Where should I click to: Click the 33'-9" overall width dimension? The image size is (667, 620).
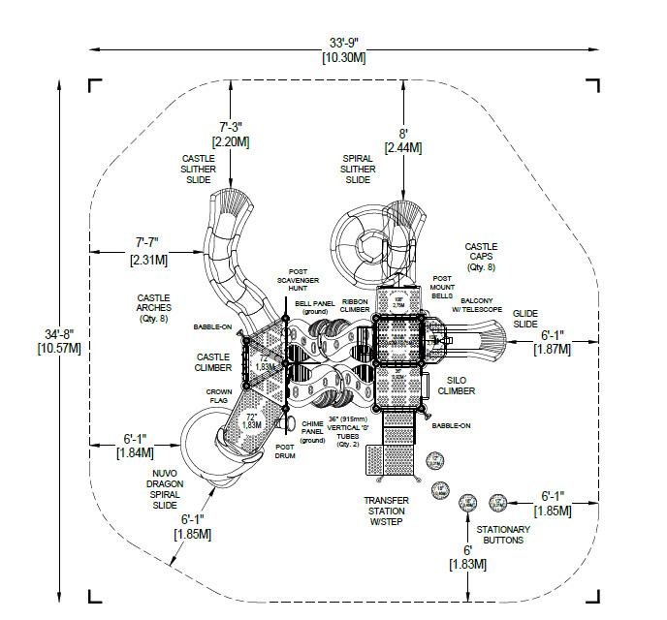point(344,49)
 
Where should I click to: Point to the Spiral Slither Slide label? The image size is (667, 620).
point(358,169)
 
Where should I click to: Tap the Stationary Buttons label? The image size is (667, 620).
point(503,535)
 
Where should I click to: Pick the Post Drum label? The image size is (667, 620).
point(285,451)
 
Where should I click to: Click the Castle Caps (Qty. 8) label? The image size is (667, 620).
point(481,257)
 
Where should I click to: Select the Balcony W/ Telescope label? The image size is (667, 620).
point(481,304)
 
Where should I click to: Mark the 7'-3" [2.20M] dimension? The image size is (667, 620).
point(230,134)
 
